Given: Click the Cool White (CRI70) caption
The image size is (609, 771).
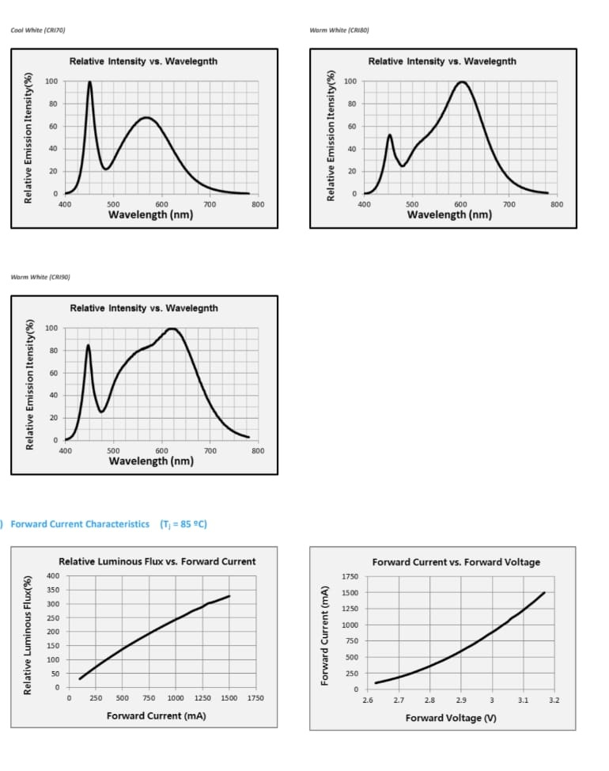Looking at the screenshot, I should pos(37,30).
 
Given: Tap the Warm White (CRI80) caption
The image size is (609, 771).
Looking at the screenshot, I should pos(339,30).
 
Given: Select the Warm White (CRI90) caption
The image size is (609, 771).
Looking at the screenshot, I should pos(40,277).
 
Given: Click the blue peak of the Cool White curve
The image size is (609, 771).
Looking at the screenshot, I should pos(89,82).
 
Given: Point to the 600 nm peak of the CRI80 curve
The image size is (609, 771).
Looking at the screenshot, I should pos(462,82).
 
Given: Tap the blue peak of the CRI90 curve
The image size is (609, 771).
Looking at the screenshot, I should pos(88,345).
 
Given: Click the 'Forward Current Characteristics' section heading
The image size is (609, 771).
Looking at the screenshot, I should pos(80,524).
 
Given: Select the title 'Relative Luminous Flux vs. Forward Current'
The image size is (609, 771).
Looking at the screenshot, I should pos(157,561).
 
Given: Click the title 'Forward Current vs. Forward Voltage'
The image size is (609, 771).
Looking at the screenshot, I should pos(456,562).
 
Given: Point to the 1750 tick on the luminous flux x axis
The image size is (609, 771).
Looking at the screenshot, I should pos(255,698).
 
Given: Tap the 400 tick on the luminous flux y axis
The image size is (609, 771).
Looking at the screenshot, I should pos(53,575).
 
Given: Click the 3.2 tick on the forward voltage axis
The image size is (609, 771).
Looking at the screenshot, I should pos(554,701).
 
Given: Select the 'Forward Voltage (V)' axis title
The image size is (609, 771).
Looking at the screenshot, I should pos(451,718).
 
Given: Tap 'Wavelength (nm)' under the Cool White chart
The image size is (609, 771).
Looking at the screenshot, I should pos(150,215).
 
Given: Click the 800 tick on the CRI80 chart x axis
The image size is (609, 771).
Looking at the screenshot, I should pos(556,204).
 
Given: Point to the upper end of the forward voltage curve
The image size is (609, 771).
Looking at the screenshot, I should pos(544,593).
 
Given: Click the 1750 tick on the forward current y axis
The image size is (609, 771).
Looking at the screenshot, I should pos(350,576).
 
